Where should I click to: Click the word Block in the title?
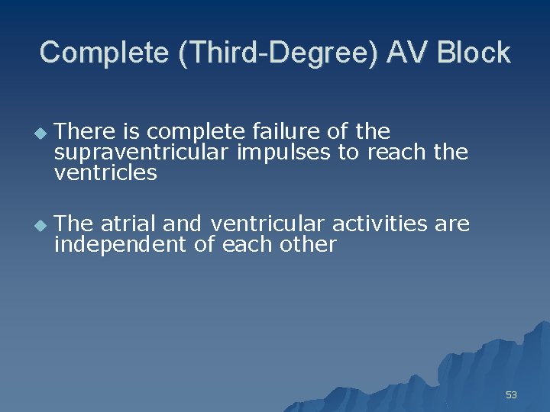pyautogui.click(x=474, y=53)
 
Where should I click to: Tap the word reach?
pyautogui.click(x=397, y=153)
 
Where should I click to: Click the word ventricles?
pyautogui.click(x=105, y=173)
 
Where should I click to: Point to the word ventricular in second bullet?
pyautogui.click(x=268, y=224)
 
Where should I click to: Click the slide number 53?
pyautogui.click(x=511, y=394)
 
